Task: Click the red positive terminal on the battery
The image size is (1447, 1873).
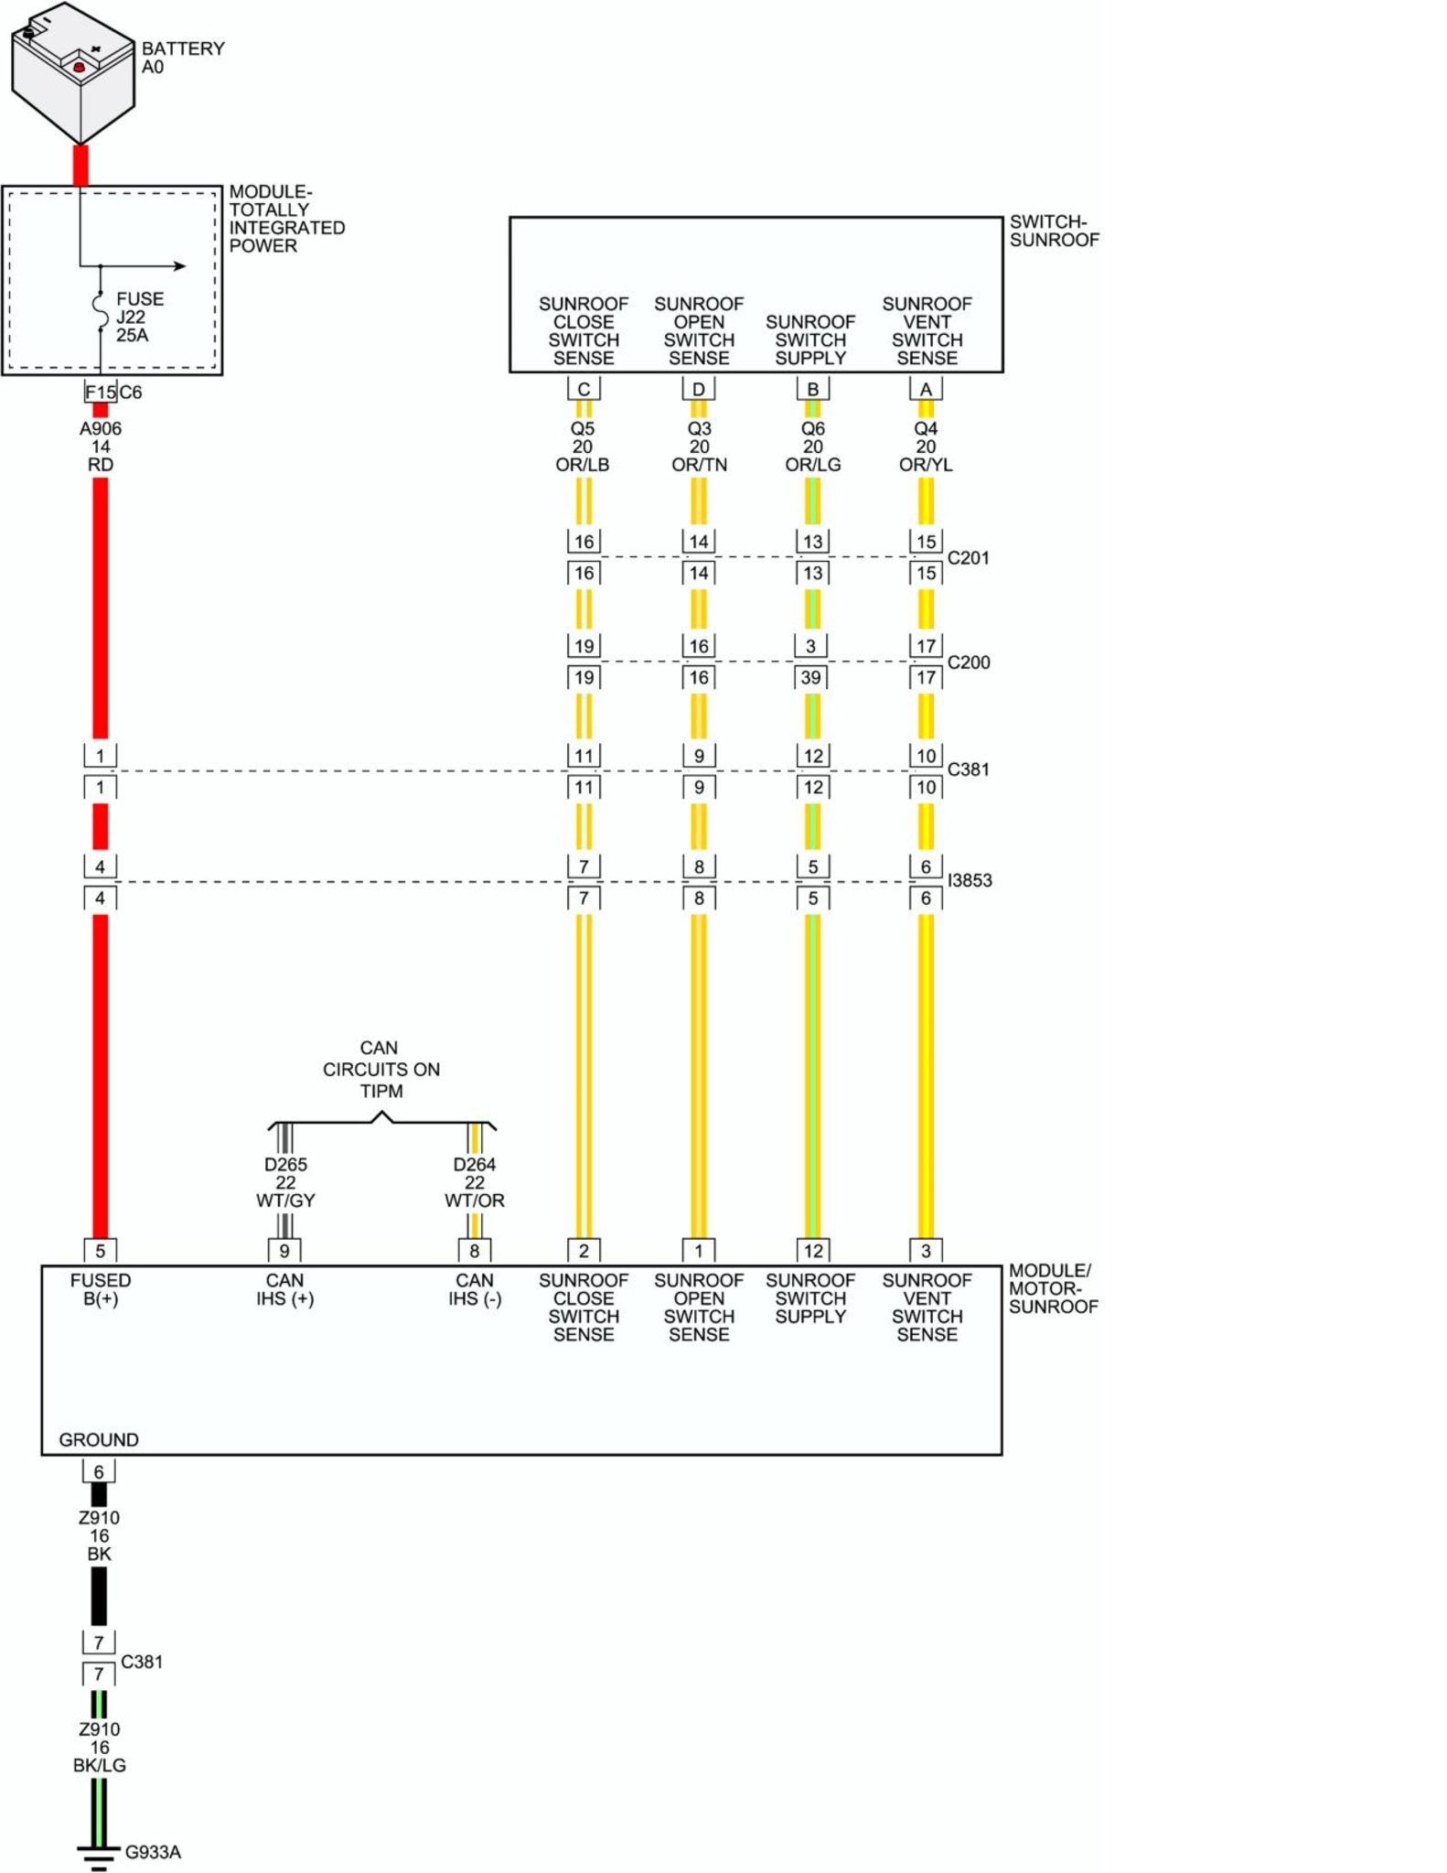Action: [79, 67]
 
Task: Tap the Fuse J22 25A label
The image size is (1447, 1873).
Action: [139, 317]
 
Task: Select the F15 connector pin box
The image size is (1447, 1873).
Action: [101, 392]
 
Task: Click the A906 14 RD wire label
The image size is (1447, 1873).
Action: [101, 447]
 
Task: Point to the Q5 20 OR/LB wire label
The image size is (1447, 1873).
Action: [583, 447]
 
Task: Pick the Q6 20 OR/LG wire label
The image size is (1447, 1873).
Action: [812, 447]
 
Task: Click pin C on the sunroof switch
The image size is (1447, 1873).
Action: [584, 389]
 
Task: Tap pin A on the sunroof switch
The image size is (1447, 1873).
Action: [926, 389]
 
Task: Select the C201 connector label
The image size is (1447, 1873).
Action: [968, 557]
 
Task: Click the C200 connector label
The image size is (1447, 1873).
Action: [968, 662]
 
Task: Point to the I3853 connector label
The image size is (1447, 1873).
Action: [970, 880]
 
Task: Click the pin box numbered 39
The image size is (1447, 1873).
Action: [811, 677]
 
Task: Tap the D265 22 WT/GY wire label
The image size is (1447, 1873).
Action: [285, 1182]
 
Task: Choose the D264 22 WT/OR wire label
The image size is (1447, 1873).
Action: [474, 1182]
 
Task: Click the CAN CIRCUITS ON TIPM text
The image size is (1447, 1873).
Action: [381, 1069]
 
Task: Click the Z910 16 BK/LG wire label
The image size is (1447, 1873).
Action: [99, 1747]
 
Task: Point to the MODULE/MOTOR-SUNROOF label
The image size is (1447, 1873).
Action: [1053, 1288]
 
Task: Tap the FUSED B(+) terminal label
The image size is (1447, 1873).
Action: [101, 1289]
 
